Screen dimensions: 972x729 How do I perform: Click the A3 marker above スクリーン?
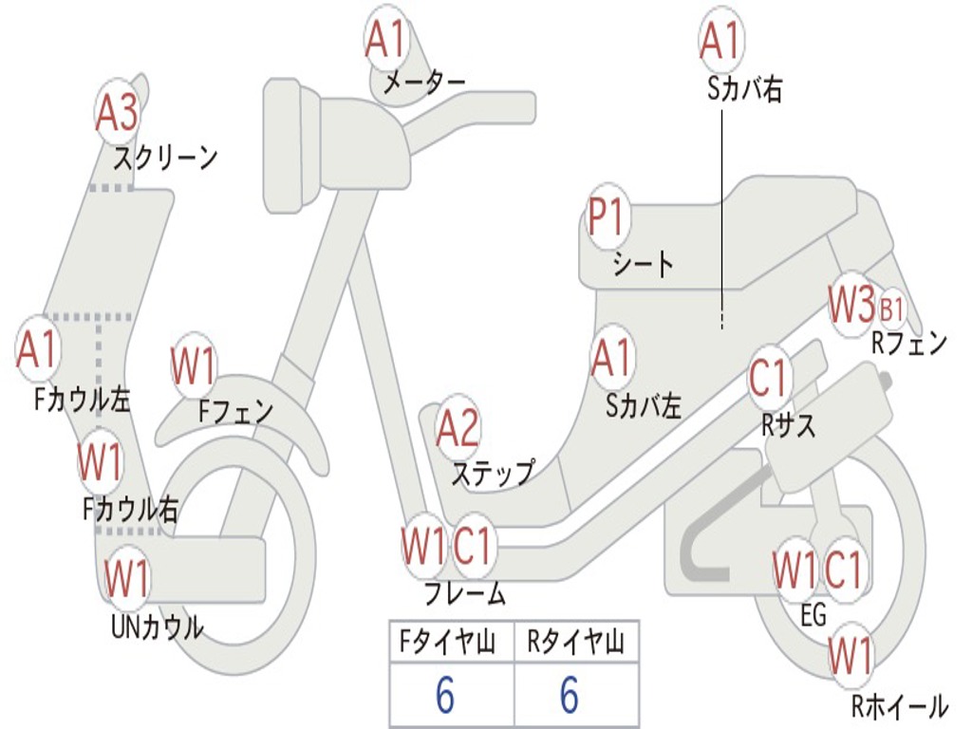(118, 113)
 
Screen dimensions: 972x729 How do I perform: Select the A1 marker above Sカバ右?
(720, 40)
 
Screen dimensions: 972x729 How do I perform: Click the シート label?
(644, 264)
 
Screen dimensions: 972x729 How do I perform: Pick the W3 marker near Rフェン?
(850, 305)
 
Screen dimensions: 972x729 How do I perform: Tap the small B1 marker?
(892, 308)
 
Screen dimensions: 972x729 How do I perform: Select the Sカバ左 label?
(645, 406)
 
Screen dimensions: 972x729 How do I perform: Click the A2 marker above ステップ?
(458, 428)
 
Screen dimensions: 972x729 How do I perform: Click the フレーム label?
(465, 595)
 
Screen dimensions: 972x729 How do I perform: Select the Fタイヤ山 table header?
(450, 643)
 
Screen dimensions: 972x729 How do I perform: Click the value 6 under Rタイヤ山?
(570, 696)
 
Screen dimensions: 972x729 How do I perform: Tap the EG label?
(813, 616)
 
